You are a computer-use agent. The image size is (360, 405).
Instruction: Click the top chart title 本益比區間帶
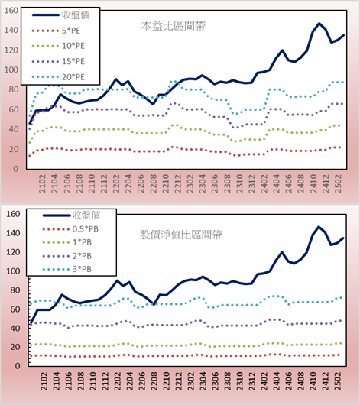pos(174,26)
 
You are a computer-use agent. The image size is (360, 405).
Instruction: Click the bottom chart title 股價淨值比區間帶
pos(180,235)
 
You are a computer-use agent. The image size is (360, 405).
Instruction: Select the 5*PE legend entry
pos(56,31)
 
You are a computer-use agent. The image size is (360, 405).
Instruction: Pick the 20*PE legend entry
pos(58,77)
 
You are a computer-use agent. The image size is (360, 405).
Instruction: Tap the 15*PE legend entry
pos(58,61)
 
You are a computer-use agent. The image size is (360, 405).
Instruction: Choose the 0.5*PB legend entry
pos(70,229)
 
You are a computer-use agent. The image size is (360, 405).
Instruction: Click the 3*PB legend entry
pos(67,269)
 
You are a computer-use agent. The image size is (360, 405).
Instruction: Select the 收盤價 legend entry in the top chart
pos(60,15)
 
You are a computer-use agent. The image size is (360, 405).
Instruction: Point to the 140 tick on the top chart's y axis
pos(11,31)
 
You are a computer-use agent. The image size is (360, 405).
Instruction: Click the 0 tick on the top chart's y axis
pos(15,169)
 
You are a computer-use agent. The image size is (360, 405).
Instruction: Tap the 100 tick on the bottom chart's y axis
pos(13,271)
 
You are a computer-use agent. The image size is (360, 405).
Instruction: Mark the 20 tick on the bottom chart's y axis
pos(15,347)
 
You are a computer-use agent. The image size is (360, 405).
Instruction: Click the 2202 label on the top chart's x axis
pos(116,183)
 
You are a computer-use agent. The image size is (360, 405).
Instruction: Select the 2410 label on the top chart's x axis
pos(313,183)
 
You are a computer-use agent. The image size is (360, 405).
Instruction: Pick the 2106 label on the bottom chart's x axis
pos(68,381)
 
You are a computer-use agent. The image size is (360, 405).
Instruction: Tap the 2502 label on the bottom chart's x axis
pos(338,381)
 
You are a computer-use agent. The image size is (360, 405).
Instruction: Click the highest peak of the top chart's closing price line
pos(319,23)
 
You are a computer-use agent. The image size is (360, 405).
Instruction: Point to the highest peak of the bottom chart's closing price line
pos(319,227)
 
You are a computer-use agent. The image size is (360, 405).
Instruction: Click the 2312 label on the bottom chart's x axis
pos(252,381)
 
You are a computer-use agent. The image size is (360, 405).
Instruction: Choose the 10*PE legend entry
pos(58,46)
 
